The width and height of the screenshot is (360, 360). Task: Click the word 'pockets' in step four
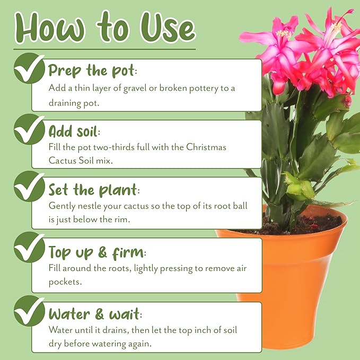point(64,283)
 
